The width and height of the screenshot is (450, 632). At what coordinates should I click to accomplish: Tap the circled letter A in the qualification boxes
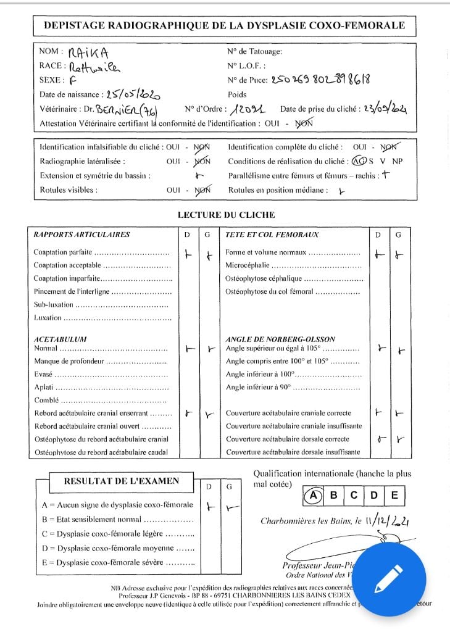click(x=314, y=495)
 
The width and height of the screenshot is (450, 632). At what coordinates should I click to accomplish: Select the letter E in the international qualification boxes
click(x=394, y=495)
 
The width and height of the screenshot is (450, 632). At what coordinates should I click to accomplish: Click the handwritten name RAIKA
click(x=87, y=52)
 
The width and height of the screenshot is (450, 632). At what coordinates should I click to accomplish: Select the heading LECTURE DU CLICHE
click(x=226, y=215)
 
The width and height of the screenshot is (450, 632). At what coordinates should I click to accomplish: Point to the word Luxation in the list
click(x=48, y=318)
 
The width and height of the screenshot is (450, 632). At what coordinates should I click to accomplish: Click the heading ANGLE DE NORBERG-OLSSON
click(x=280, y=339)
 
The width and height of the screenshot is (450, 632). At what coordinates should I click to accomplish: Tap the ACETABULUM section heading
click(x=60, y=339)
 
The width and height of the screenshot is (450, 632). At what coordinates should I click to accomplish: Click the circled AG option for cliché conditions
click(x=358, y=162)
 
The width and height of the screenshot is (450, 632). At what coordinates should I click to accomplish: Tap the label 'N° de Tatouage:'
click(x=254, y=52)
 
